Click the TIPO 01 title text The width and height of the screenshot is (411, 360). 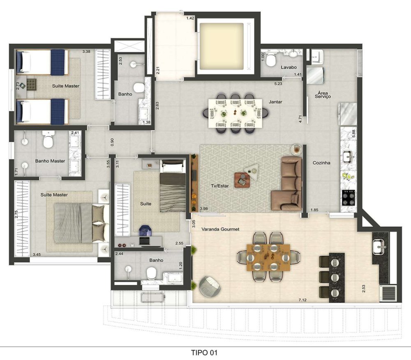pyautogui.click(x=204, y=353)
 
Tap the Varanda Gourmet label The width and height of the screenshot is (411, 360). pyautogui.click(x=220, y=229)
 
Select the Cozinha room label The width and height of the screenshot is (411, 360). pyautogui.click(x=321, y=163)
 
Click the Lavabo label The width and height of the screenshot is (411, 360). pyautogui.click(x=289, y=67)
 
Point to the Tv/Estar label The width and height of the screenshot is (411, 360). pyautogui.click(x=219, y=186)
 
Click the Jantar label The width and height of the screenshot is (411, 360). pyautogui.click(x=275, y=102)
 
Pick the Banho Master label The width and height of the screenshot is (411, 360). pyautogui.click(x=50, y=161)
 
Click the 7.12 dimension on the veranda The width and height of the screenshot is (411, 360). pyautogui.click(x=302, y=300)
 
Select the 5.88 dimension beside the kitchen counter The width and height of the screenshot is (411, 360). pyautogui.click(x=353, y=134)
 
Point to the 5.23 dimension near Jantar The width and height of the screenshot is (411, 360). pyautogui.click(x=278, y=84)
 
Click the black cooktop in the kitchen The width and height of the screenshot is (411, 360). pyautogui.click(x=349, y=197)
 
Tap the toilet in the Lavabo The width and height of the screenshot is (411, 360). pyautogui.click(x=270, y=60)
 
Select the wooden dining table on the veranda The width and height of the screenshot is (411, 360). pyautogui.click(x=268, y=258)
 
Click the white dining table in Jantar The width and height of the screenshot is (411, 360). pyautogui.click(x=235, y=113)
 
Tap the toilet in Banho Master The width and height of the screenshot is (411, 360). pyautogui.click(x=48, y=140)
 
